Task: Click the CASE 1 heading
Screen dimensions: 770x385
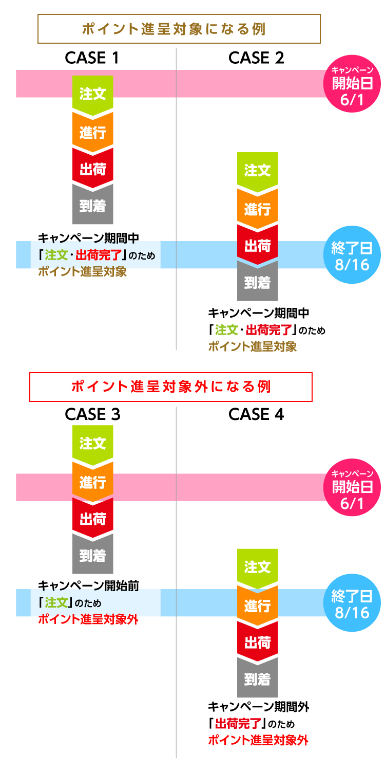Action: pyautogui.click(x=92, y=58)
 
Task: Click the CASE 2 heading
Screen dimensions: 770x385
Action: pyautogui.click(x=256, y=58)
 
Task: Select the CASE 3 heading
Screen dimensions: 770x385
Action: pyautogui.click(x=92, y=414)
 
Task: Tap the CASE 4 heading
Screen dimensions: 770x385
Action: pyautogui.click(x=256, y=414)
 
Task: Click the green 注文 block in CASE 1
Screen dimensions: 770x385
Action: pyautogui.click(x=93, y=94)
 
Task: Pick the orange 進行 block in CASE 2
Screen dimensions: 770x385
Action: pyautogui.click(x=257, y=209)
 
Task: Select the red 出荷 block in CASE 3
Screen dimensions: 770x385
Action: pyautogui.click(x=93, y=519)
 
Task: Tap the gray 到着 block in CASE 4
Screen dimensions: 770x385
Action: pyautogui.click(x=257, y=680)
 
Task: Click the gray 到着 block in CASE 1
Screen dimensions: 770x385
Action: pyautogui.click(x=93, y=206)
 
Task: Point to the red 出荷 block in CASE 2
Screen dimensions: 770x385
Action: pyautogui.click(x=257, y=246)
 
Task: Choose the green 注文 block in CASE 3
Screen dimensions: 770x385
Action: pyautogui.click(x=93, y=443)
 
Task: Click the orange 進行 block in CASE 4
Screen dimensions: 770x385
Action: pyautogui.click(x=257, y=606)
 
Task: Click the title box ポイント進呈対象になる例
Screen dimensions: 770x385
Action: pyautogui.click(x=179, y=29)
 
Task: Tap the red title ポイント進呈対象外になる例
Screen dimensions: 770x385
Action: pyautogui.click(x=171, y=387)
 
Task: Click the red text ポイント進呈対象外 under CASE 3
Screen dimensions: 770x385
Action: pyautogui.click(x=88, y=619)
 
